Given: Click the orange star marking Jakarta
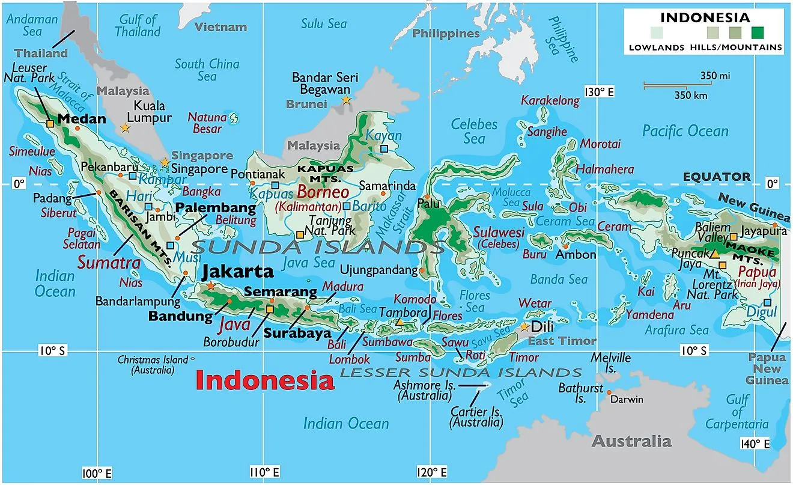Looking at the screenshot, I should coord(210,286).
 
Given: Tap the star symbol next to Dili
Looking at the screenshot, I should coord(524,327).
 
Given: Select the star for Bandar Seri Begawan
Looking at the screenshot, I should coord(346,100).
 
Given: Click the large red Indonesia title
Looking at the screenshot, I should coord(265,380).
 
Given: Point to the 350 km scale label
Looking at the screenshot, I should coord(690,96).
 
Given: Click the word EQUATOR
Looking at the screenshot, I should coord(717,177).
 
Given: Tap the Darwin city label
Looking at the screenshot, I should coord(626,400).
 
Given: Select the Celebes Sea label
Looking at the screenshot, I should coord(474,132).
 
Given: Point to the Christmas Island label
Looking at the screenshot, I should coord(153,365).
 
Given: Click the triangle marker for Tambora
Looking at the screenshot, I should coord(400,322).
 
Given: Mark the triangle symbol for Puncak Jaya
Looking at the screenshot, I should coord(714,254).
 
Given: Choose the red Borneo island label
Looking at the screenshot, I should coord(323,193).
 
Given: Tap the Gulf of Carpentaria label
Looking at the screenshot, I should coord(737,412).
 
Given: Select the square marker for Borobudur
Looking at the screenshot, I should coord(269,309).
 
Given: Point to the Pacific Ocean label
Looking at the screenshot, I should coord(685,131).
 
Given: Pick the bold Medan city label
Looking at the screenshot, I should coord(81,118).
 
